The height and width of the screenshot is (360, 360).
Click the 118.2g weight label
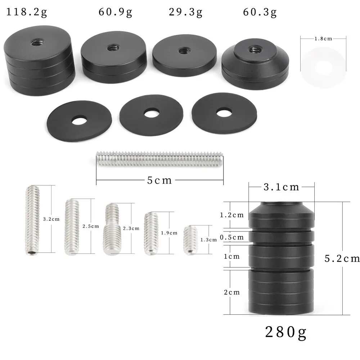pos(26,12)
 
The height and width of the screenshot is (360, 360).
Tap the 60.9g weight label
pos(115,12)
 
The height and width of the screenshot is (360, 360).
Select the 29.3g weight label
pos(185,12)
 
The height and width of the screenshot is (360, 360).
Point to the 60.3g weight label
pos(260,12)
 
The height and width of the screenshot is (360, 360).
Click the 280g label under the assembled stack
pos(285,332)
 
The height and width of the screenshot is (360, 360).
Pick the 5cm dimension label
pos(159,180)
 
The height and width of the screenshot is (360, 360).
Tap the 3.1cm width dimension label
pos(281,187)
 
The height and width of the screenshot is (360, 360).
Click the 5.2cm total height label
pos(342,259)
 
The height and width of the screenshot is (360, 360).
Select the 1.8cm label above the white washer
pos(323,39)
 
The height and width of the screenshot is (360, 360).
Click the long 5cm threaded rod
pos(159,159)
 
